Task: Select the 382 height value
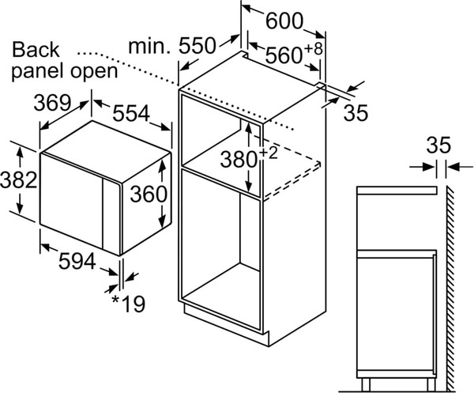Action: [x=18, y=179]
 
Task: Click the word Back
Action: [x=36, y=51]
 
